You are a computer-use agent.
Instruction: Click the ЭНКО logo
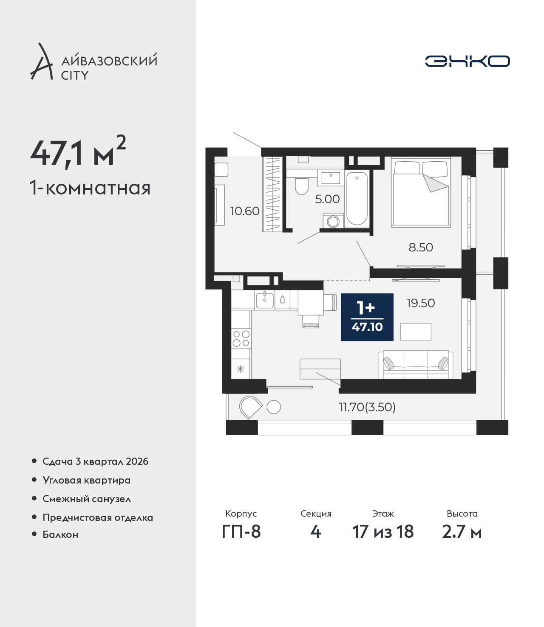point(467,61)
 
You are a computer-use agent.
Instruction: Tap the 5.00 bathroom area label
point(327,199)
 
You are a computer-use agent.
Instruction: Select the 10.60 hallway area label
point(244,211)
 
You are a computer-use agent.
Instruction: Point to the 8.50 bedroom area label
point(421,247)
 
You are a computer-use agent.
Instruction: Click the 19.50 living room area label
point(421,303)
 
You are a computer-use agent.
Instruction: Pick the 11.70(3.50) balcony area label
point(367,407)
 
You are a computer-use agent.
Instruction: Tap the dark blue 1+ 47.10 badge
point(367,317)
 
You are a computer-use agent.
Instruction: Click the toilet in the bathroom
point(302,186)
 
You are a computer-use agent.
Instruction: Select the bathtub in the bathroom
point(357,198)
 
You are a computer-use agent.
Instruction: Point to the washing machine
point(333,221)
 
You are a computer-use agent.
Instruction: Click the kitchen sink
point(265,300)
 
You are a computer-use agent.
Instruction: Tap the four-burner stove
point(241,338)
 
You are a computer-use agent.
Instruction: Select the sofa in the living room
point(416,364)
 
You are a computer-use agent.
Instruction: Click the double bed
point(421,192)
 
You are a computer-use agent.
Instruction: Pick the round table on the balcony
point(273,407)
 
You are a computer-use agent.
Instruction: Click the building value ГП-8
point(241,532)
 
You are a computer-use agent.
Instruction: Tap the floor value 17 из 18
point(383,532)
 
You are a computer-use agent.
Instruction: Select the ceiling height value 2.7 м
point(462,532)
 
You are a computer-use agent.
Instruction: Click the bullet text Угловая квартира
point(87,480)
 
